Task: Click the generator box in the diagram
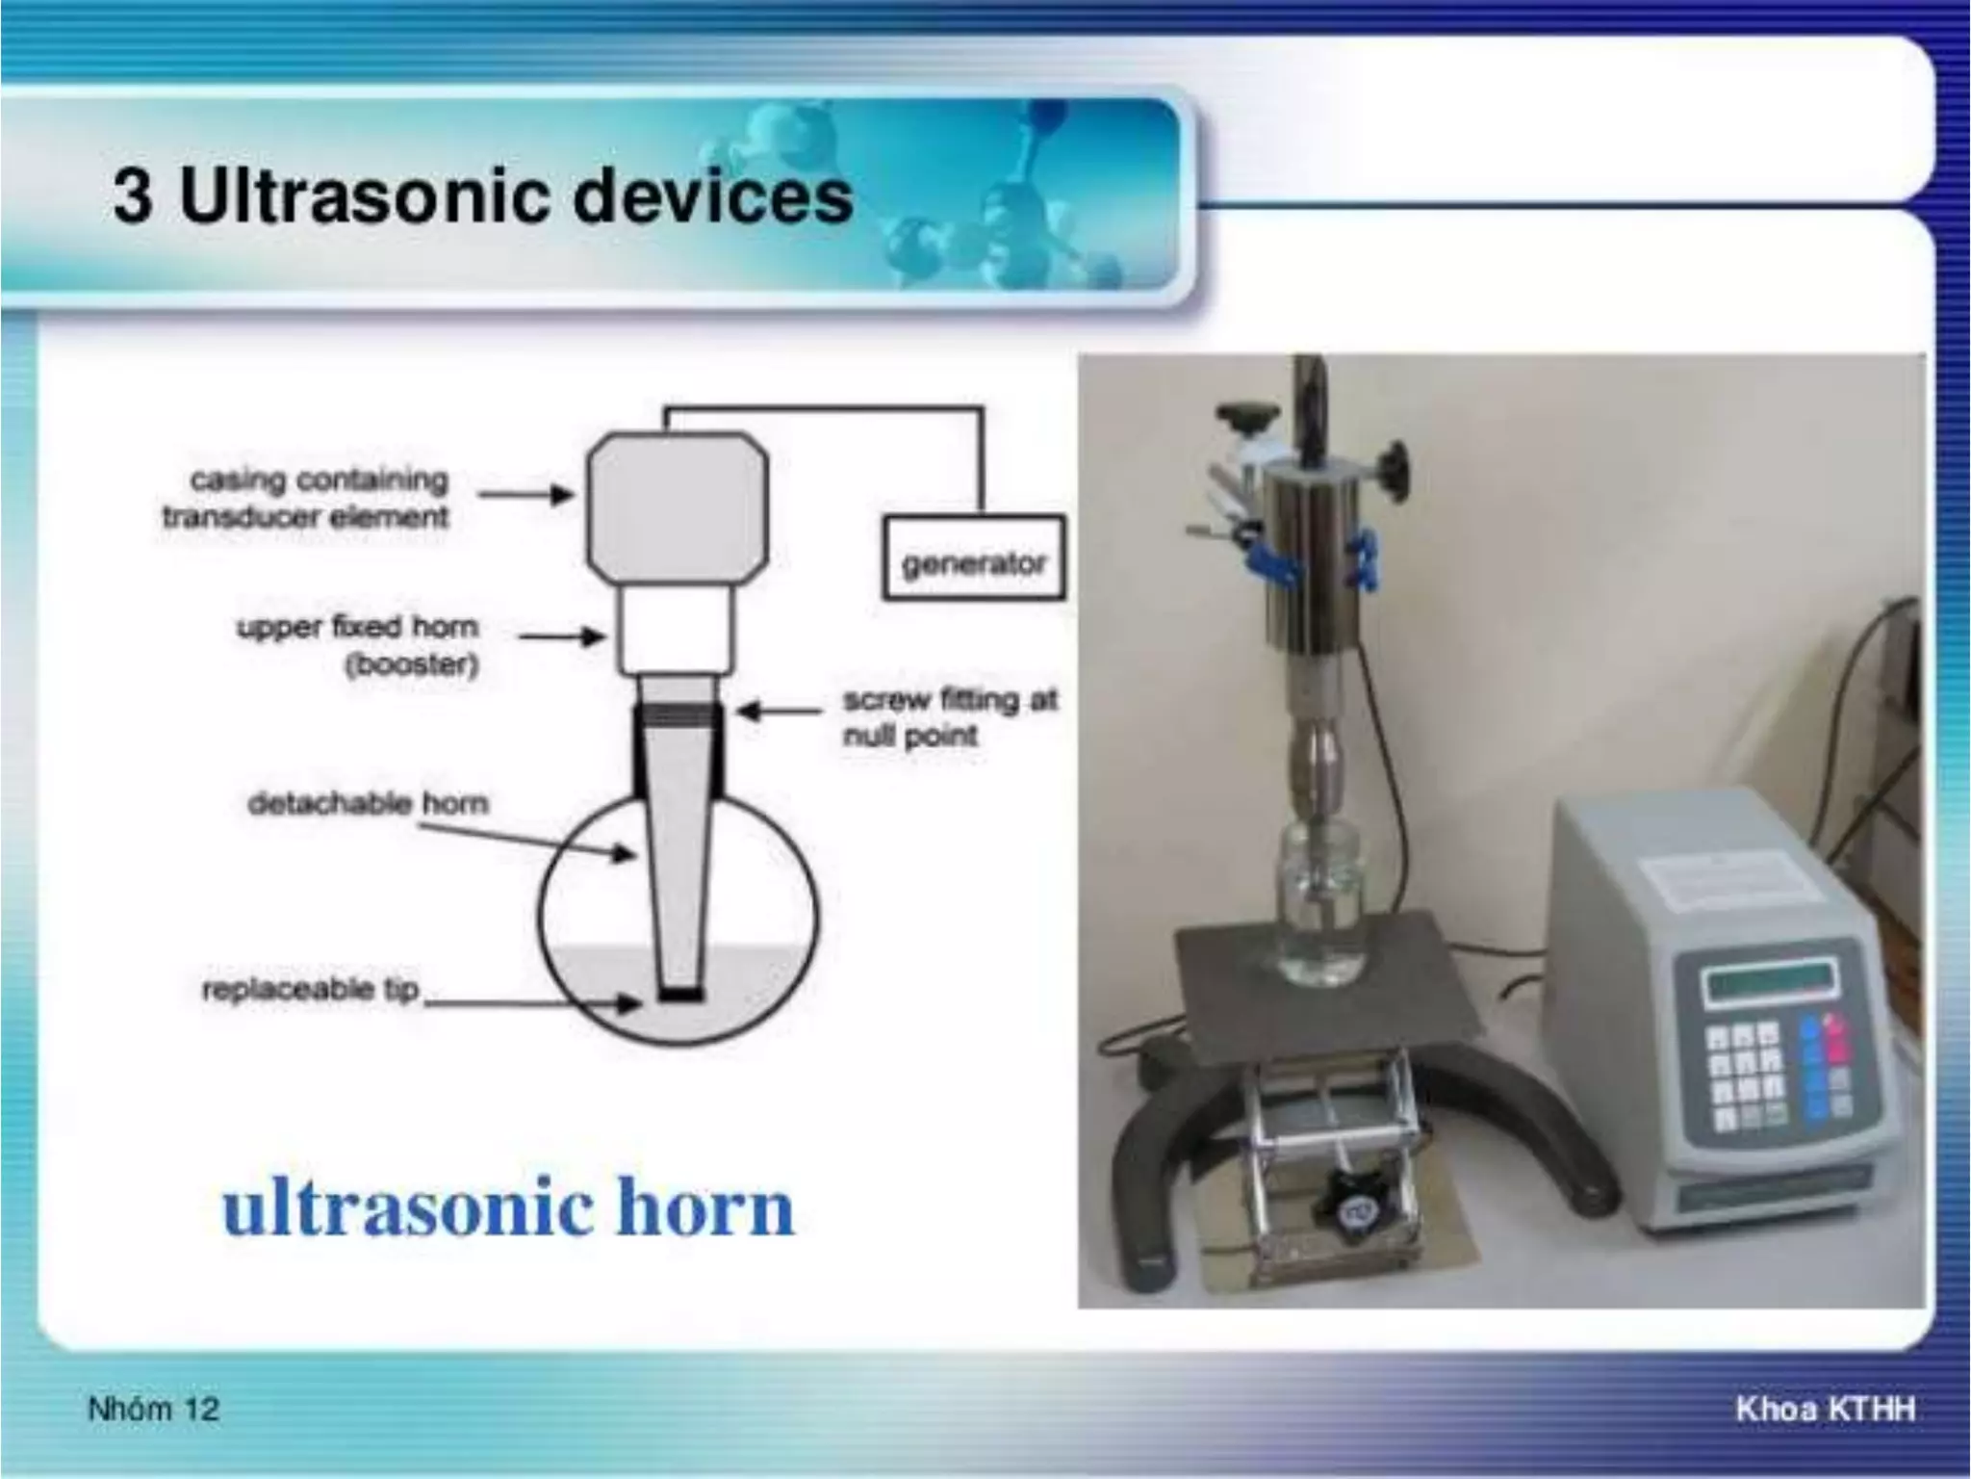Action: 974,559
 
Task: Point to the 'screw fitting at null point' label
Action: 949,717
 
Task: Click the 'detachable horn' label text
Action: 369,803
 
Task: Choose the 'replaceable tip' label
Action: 310,989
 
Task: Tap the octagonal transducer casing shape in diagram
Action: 678,506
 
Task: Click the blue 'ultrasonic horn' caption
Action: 508,1208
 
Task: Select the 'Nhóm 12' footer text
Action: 154,1410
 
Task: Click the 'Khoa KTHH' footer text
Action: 1825,1410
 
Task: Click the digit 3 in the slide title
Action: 132,197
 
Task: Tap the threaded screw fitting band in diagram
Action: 678,714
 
